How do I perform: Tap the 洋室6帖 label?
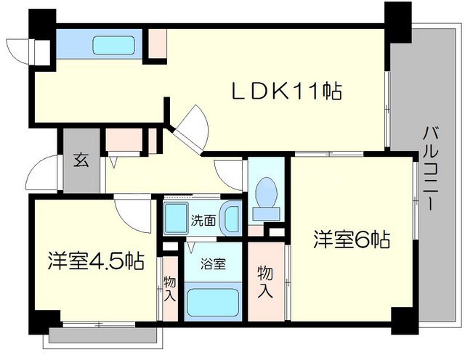(352, 239)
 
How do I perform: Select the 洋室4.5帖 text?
(95, 259)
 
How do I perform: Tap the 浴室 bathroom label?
(212, 264)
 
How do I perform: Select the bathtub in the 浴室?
(213, 301)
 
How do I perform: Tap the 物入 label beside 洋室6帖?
(266, 282)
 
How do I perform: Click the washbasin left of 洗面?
(175, 217)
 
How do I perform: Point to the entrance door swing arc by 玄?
(42, 173)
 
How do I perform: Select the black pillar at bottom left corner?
(45, 319)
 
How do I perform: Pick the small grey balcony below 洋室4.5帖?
(102, 335)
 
